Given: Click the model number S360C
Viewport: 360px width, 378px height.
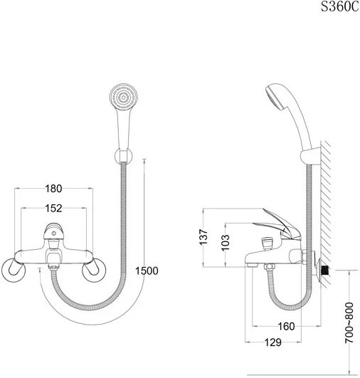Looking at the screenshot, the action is pyautogui.click(x=340, y=6).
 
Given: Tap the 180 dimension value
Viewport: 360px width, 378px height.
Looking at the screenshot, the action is pyautogui.click(x=53, y=189).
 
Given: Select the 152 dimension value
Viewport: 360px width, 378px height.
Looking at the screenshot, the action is pyautogui.click(x=53, y=209).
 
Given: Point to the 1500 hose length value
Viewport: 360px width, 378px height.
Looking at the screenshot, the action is pyautogui.click(x=147, y=271).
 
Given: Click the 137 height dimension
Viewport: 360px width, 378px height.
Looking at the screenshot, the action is pyautogui.click(x=203, y=237).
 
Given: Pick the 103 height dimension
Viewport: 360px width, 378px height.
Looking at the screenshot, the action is pyautogui.click(x=226, y=243).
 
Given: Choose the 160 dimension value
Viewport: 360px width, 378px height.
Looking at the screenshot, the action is pyautogui.click(x=286, y=327).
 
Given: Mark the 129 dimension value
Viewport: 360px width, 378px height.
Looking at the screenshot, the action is pyautogui.click(x=273, y=342).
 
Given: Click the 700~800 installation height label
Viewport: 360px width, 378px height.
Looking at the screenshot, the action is pyautogui.click(x=349, y=323).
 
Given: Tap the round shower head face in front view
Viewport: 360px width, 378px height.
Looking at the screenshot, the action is pyautogui.click(x=123, y=97).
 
